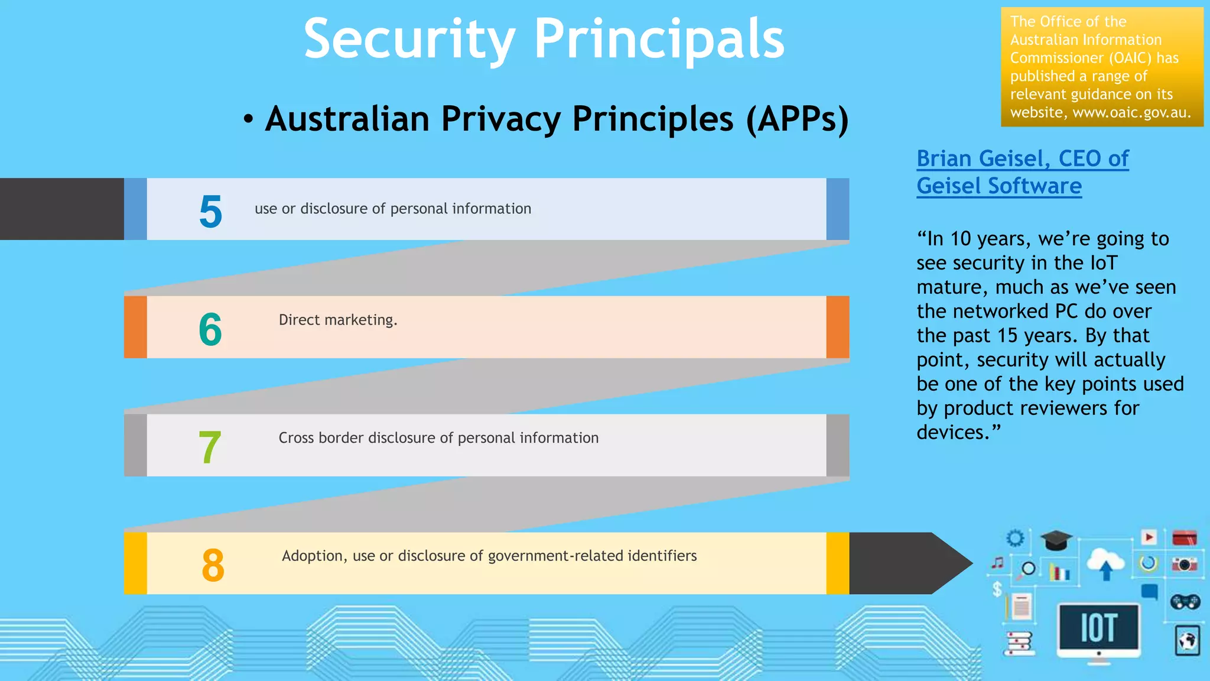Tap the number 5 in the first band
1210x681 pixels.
click(210, 212)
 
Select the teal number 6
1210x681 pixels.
click(210, 329)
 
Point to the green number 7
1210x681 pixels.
click(210, 447)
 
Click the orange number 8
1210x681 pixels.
click(213, 565)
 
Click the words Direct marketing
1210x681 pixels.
click(338, 320)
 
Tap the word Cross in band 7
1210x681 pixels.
click(296, 438)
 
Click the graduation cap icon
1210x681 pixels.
click(1056, 540)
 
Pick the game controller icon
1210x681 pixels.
click(1185, 602)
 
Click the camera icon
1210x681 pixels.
click(1184, 565)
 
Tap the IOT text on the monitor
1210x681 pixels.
click(1098, 628)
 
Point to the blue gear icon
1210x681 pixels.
click(1015, 538)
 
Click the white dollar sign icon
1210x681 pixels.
click(997, 589)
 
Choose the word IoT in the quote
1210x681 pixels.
click(1103, 263)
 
